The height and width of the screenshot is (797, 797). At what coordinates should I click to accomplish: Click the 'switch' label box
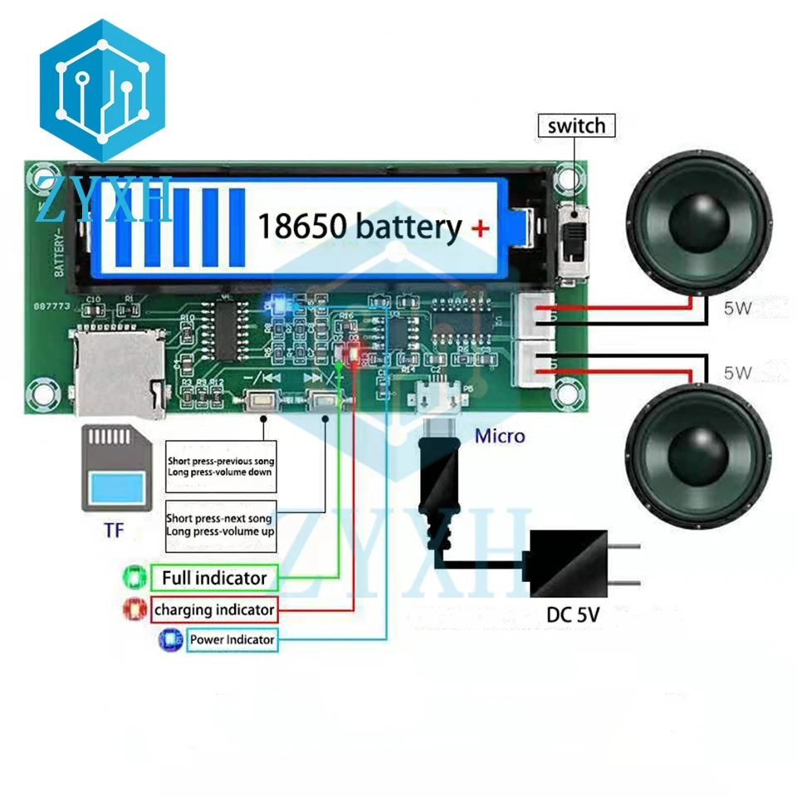point(577,126)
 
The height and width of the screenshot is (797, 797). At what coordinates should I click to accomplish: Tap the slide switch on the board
point(573,241)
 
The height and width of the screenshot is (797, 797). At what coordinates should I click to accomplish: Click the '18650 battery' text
point(359,226)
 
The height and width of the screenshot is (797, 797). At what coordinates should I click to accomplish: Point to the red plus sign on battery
point(481,227)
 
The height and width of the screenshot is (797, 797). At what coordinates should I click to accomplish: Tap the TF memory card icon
point(115,469)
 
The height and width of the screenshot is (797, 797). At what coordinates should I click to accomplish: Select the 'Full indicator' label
point(213,578)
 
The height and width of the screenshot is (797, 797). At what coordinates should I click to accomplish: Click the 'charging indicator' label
point(213,610)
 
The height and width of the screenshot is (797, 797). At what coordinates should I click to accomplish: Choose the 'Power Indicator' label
point(231,640)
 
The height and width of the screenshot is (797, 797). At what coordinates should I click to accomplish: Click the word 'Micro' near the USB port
point(499,435)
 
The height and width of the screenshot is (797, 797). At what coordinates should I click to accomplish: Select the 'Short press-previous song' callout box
point(220,467)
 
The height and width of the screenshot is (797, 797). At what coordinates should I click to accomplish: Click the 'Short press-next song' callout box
point(220,526)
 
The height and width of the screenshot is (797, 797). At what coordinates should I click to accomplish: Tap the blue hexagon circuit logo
point(102,89)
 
